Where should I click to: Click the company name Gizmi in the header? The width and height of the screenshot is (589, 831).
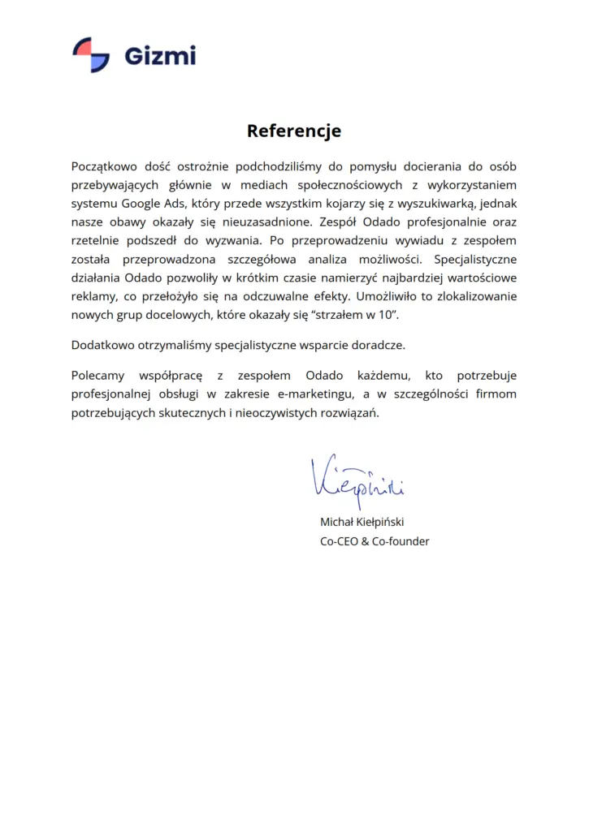tap(160, 56)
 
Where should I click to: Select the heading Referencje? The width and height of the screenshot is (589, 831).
tap(294, 131)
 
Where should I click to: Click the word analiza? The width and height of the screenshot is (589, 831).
tap(330, 260)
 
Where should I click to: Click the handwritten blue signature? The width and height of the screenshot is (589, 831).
tap(356, 479)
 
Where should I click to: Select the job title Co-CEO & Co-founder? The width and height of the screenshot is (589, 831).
tap(375, 541)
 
